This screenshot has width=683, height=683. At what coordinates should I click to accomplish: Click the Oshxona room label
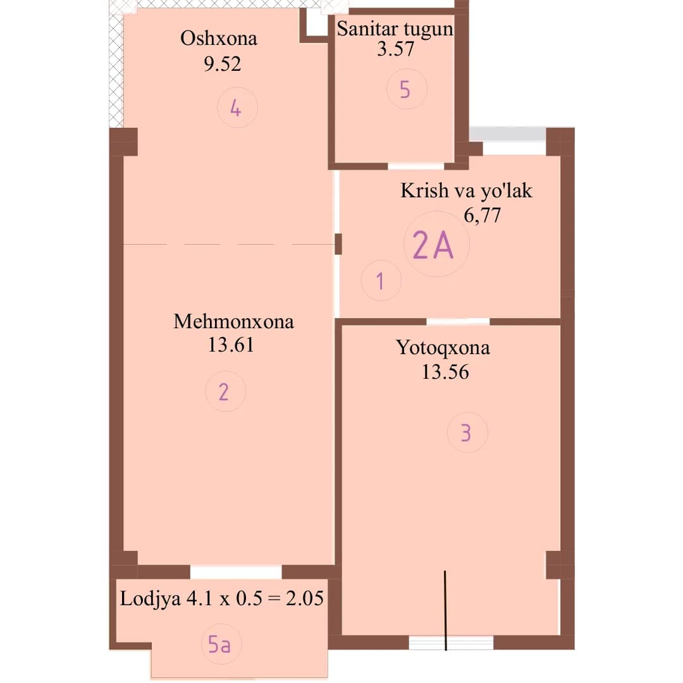pos(219,39)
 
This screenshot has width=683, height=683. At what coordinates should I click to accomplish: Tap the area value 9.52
pos(222,64)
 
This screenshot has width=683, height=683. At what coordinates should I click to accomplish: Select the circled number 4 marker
pos(237,108)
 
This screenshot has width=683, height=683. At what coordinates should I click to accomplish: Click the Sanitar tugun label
pos(395,29)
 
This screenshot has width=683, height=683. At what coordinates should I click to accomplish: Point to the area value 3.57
pos(395,48)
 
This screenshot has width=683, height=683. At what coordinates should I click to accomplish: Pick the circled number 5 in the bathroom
pos(407,89)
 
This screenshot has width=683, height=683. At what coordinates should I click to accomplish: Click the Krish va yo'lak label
pos(466,190)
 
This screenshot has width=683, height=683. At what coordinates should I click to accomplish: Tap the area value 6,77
pos(482,215)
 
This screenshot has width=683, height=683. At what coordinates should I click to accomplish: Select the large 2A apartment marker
pos(436,244)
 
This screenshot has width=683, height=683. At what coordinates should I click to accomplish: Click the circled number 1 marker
pos(381,281)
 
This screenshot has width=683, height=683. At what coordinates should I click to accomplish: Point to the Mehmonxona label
pos(233,321)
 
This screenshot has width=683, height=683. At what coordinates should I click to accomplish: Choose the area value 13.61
pos(231,345)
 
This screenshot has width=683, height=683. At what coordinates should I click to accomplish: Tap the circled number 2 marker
pos(226,391)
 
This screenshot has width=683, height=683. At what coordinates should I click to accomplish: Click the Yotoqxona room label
pos(443,348)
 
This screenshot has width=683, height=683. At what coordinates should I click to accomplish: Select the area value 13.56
pos(445,372)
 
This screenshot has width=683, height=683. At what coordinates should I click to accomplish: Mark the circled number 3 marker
pos(467,433)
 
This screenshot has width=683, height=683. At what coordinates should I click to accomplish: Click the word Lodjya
pos(151,598)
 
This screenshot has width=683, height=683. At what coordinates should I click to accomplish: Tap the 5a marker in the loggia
pos(221,644)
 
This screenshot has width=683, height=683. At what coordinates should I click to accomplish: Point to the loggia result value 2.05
pos(304,598)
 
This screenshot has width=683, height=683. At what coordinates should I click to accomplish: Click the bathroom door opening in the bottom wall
pos(416,166)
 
